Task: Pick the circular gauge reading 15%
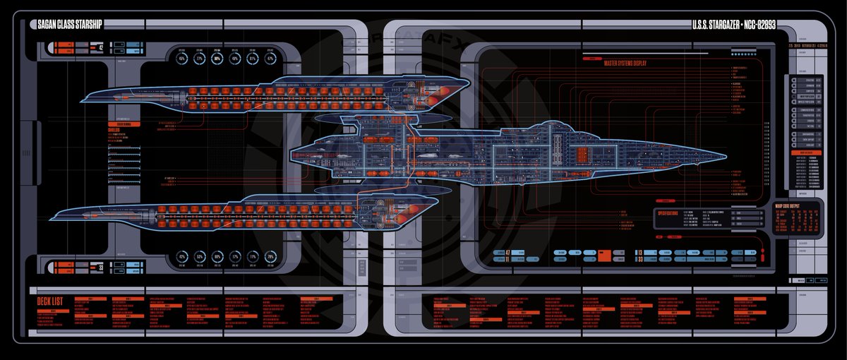click(182, 59)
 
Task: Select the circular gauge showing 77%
click(200, 59)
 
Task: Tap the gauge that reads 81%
click(253, 59)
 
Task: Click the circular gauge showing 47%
click(270, 59)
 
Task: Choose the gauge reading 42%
click(182, 257)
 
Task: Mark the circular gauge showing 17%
click(253, 257)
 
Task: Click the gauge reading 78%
click(270, 257)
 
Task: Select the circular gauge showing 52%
click(200, 257)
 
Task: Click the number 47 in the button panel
click(509, 252)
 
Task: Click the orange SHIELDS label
click(116, 130)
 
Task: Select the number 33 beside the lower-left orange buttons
click(101, 268)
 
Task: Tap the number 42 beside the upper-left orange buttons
click(101, 48)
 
